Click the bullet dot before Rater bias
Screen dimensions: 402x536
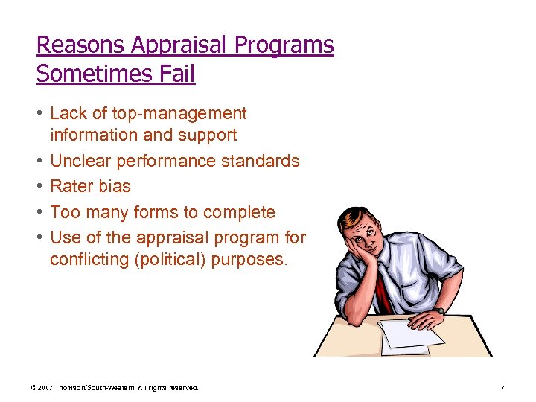click(39, 186)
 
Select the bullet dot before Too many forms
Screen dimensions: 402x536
click(39, 212)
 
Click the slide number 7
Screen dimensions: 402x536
click(502, 388)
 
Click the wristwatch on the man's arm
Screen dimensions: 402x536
click(441, 310)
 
